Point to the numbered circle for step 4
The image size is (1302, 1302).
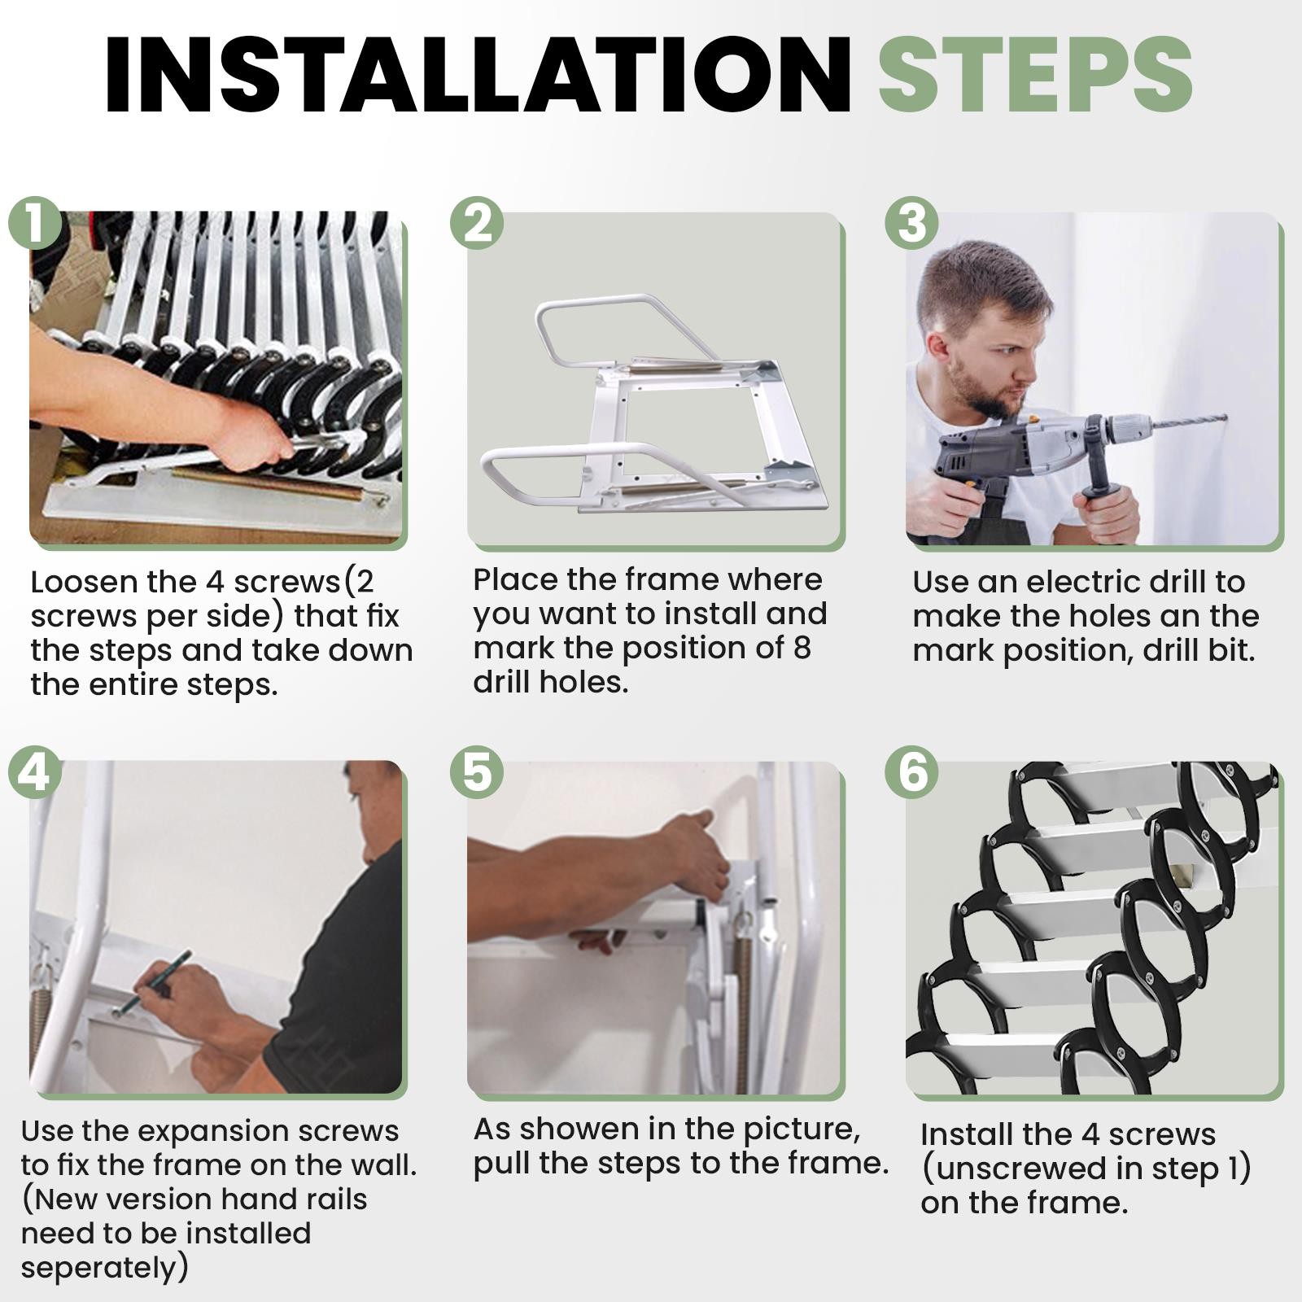tap(35, 771)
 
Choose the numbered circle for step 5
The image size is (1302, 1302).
tap(477, 771)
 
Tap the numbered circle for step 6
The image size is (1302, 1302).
tap(912, 771)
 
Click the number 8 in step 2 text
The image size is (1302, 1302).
tap(801, 649)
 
